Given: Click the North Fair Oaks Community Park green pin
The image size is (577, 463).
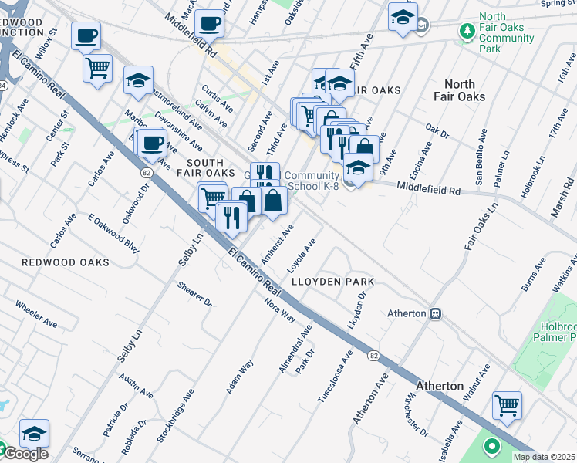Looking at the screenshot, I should pos(467,32).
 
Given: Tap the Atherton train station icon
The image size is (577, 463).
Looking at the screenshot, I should pos(435,314).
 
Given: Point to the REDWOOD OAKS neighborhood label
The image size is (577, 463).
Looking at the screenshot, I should pos(64,262).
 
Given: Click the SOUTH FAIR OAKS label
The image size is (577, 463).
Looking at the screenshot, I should pos(200,167).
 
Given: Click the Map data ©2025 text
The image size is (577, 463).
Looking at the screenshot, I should pos(544,457).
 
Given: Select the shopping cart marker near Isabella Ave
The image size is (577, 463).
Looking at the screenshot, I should pos(507,404).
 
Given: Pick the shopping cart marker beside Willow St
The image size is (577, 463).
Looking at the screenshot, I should pos(98,68).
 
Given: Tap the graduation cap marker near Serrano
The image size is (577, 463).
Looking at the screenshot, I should pos(34,433).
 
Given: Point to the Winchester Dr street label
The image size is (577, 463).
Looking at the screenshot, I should pos(414,416).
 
